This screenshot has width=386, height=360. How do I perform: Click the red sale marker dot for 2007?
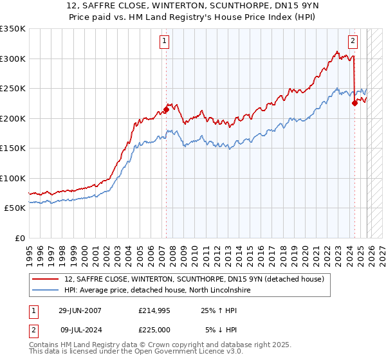point(166,110)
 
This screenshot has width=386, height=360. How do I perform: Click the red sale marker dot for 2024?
point(354,103)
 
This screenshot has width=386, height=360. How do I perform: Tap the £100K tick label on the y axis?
point(13,178)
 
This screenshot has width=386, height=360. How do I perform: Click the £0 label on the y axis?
point(19,238)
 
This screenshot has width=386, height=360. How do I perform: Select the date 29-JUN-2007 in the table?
point(80,310)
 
